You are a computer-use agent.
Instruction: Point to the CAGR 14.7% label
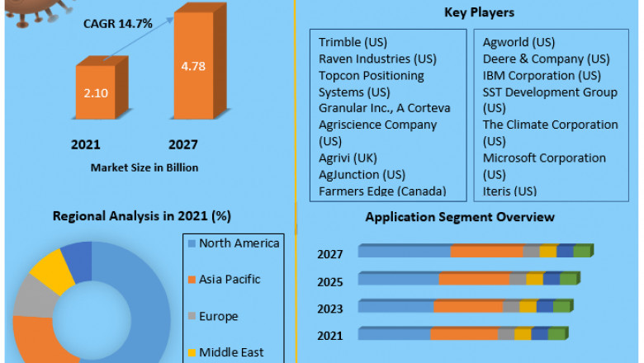tap(117, 24)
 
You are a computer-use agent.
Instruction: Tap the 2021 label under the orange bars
tap(86, 144)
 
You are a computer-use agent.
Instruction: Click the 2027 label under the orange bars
tap(183, 144)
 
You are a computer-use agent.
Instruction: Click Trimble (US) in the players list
tap(353, 42)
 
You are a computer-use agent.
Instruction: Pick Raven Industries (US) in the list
tap(377, 59)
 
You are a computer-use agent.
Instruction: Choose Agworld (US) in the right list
tap(519, 42)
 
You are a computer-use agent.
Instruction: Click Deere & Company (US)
tap(546, 59)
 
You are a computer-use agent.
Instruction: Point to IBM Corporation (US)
tap(541, 75)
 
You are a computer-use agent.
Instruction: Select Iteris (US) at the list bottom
tap(509, 191)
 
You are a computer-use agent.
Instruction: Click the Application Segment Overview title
tap(460, 217)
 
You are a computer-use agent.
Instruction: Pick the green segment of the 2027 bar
tap(582, 251)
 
